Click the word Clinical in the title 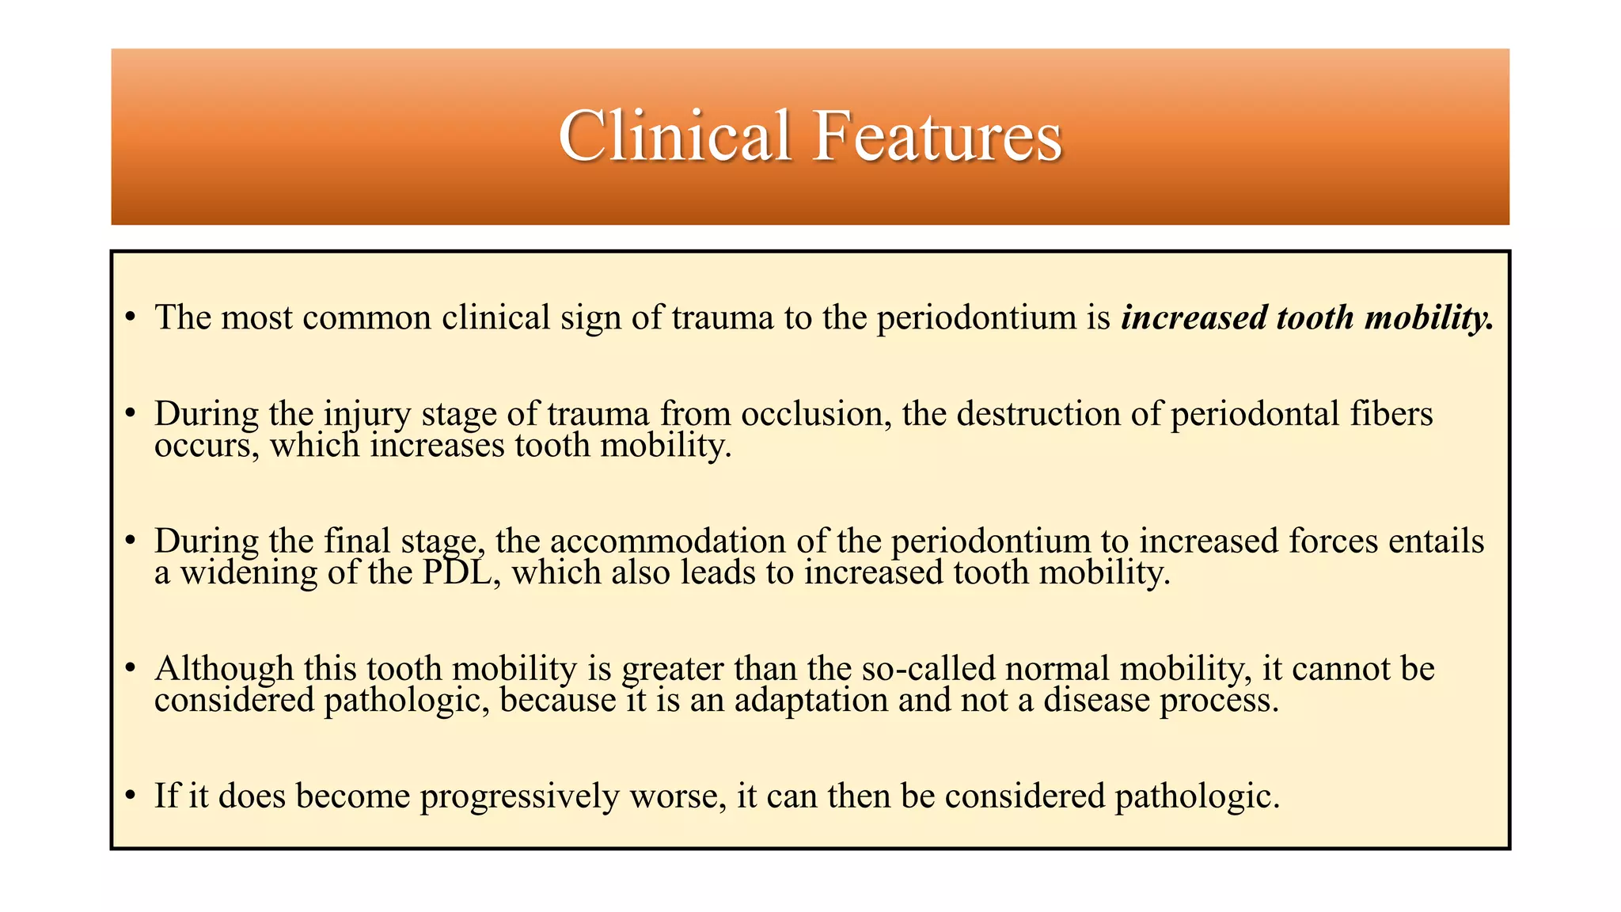[674, 136]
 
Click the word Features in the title [937, 136]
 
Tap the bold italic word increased [1194, 317]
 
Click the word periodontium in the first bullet [977, 317]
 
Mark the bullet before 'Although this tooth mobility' [131, 669]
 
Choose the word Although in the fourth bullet [224, 669]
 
